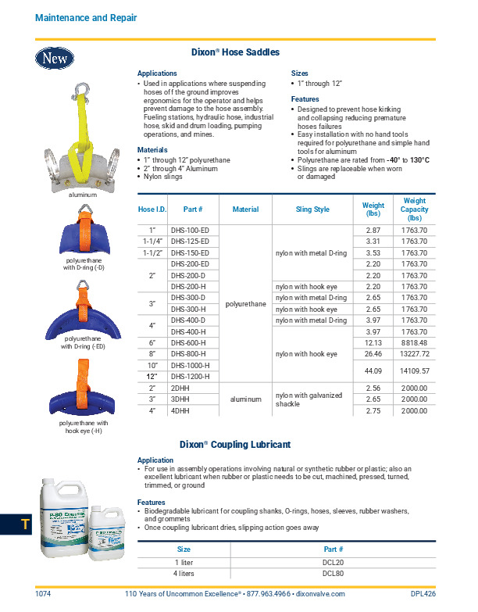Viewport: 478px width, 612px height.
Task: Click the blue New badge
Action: click(55, 57)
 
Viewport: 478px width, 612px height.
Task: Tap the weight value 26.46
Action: click(373, 354)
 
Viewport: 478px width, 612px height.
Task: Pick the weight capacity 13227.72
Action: click(414, 354)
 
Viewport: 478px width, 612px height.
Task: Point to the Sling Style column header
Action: click(312, 209)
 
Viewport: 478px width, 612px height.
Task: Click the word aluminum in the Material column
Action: click(246, 399)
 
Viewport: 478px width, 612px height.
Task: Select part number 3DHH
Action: click(181, 399)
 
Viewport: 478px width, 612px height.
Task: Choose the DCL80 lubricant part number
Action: click(334, 573)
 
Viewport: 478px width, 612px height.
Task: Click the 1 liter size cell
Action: click(184, 562)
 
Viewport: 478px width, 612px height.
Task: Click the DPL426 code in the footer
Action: click(423, 595)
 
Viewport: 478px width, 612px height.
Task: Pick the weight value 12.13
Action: click(373, 343)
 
